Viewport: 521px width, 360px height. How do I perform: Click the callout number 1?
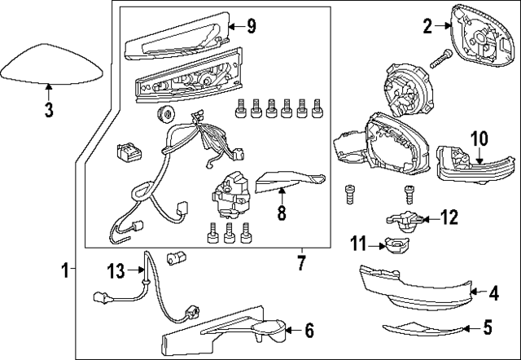click(x=65, y=266)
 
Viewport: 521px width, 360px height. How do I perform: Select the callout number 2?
click(x=427, y=25)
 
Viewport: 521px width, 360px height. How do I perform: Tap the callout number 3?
click(x=48, y=110)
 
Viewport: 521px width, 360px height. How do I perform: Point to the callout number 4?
click(x=493, y=291)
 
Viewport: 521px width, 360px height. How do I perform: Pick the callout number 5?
click(x=487, y=328)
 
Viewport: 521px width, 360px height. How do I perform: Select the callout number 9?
click(x=251, y=27)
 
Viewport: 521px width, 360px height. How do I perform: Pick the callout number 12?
click(x=449, y=217)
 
